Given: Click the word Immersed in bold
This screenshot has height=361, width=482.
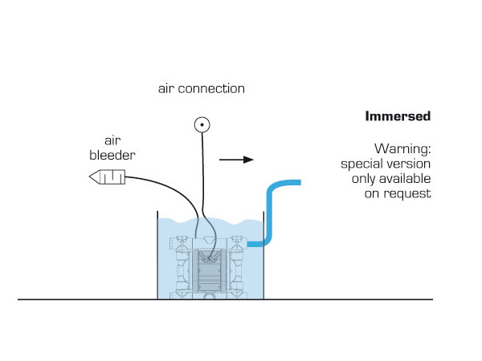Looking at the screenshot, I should coord(398,116).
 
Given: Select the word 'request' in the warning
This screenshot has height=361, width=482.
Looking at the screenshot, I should coord(412,193).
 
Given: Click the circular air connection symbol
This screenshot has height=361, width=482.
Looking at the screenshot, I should coord(201,124).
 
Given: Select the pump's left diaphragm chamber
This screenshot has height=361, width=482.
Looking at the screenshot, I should coord(183,270).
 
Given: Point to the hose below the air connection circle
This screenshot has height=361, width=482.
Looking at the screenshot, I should coord(201,176).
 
